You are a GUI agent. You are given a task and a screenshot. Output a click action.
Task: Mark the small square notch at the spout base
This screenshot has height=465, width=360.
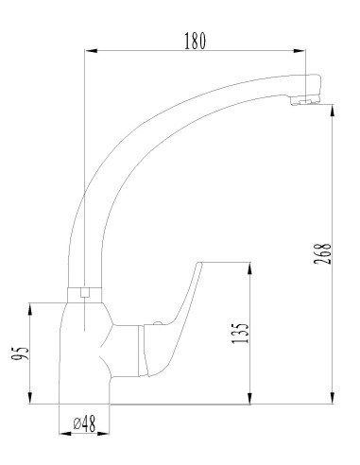(85, 293)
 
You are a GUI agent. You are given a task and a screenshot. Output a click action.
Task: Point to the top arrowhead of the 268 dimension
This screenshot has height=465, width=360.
(334, 108)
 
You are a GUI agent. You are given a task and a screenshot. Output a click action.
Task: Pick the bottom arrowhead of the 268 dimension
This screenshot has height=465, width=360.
(334, 401)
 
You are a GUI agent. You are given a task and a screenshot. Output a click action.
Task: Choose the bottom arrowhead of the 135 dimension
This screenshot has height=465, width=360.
(250, 401)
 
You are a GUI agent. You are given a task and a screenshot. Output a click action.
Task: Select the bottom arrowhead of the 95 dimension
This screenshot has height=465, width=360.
(34, 402)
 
